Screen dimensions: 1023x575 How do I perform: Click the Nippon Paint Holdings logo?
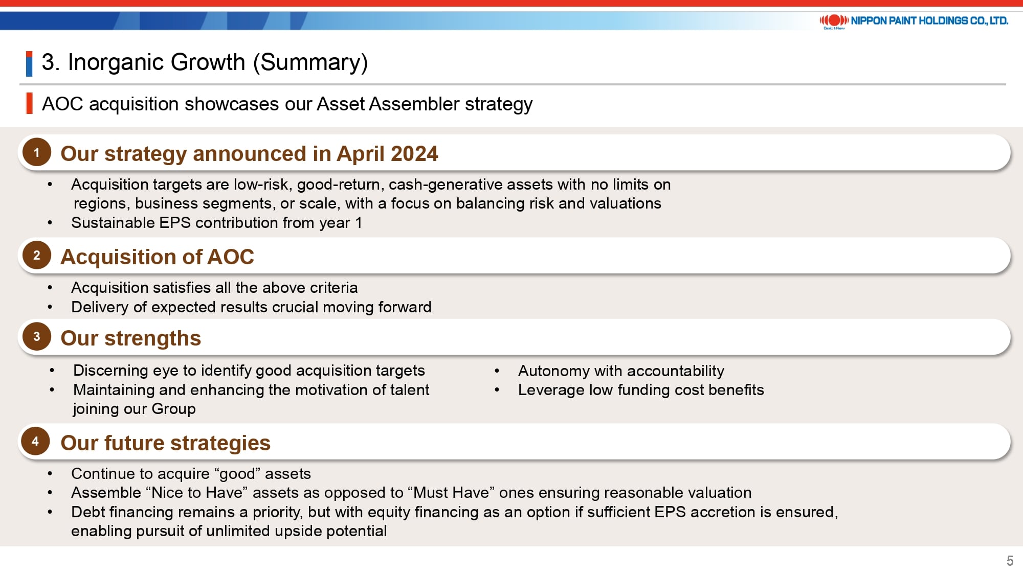914,21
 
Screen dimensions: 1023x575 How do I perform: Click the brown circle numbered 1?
37,152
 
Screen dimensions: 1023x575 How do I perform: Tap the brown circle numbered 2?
37,255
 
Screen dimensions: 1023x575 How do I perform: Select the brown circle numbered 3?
37,336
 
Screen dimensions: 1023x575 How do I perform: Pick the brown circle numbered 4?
35,441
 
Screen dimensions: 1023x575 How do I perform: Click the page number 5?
1010,561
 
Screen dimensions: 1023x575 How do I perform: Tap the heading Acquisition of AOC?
157,257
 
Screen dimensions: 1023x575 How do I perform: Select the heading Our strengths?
130,338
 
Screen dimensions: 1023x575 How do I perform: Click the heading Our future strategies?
165,443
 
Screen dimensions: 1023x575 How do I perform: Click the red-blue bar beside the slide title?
29,64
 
